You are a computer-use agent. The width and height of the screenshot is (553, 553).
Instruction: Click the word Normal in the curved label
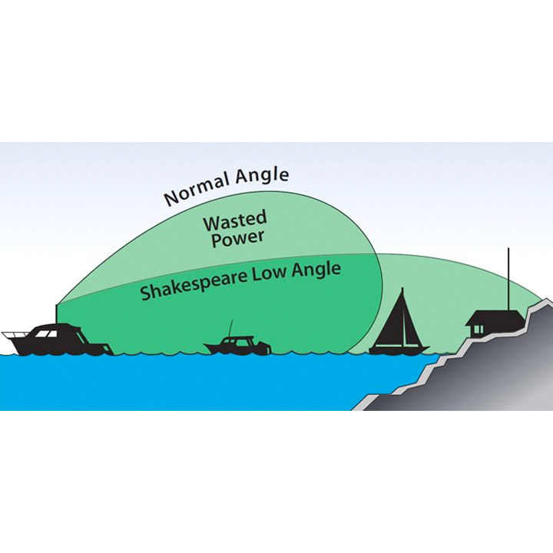coord(197,190)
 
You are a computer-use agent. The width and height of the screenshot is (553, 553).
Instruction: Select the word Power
coord(238,238)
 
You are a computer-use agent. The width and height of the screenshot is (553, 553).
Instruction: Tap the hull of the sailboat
coord(399,350)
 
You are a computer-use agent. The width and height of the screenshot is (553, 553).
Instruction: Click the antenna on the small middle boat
coord(230,329)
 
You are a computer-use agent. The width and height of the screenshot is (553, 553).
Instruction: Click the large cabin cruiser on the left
coord(58,340)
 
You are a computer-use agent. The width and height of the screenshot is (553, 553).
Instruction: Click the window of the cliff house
coord(478,329)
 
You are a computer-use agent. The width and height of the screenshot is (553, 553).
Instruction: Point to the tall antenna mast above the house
coord(508,280)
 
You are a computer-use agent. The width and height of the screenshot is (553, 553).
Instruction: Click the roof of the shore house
coord(495,318)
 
